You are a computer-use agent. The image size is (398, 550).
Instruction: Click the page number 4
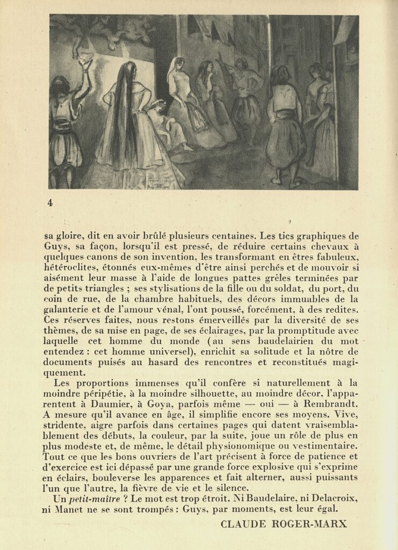point(50,202)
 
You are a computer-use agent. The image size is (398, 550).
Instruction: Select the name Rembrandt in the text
point(329,403)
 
